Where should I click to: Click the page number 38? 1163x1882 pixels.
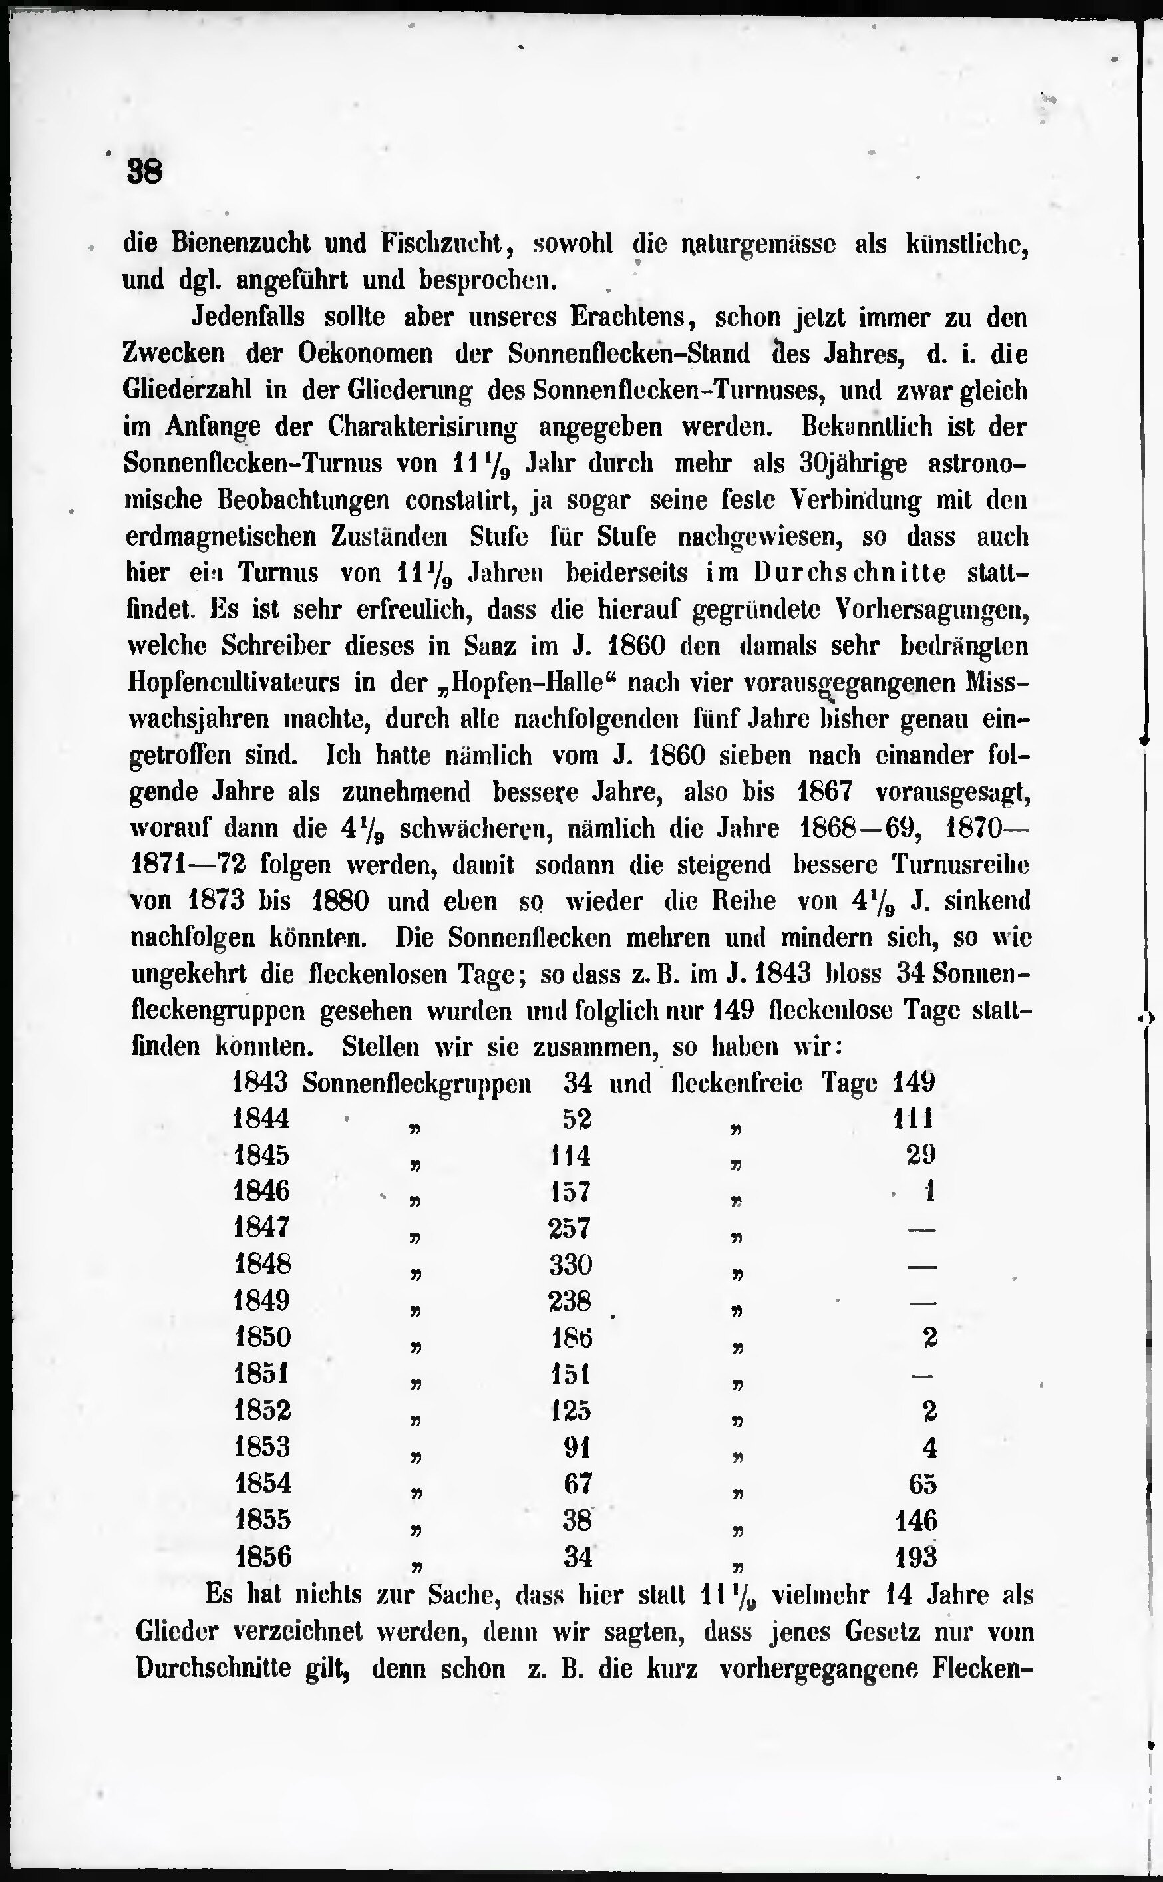click(144, 171)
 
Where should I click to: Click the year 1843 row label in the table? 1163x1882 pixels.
click(260, 1083)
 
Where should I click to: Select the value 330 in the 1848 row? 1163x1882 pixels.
click(570, 1265)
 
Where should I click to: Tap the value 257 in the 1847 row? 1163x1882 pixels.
click(570, 1228)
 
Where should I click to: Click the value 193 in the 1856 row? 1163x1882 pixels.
click(915, 1557)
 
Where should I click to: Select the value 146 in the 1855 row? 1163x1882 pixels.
click(916, 1521)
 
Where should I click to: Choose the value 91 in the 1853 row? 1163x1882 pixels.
click(577, 1448)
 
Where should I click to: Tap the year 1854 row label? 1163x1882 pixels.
click(262, 1484)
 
